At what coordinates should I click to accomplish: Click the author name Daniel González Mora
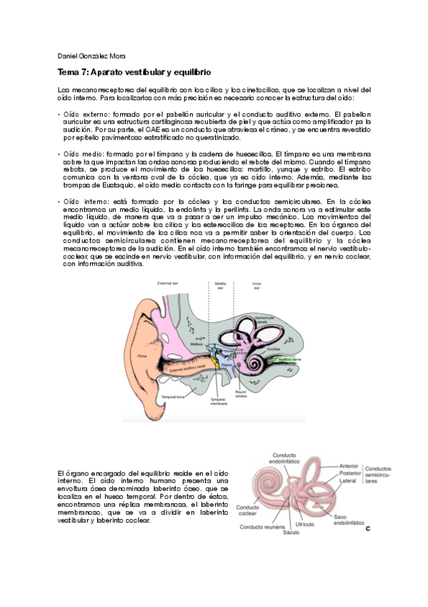[x=90, y=57]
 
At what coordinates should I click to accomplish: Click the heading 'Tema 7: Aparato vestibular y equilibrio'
[x=134, y=74]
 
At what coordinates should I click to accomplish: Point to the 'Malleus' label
[x=197, y=344]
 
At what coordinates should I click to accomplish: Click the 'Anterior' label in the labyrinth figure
[x=351, y=466]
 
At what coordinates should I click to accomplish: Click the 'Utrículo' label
[x=305, y=525]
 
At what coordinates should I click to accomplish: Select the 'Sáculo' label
[x=291, y=533]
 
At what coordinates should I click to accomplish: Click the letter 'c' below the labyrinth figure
[x=367, y=528]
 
